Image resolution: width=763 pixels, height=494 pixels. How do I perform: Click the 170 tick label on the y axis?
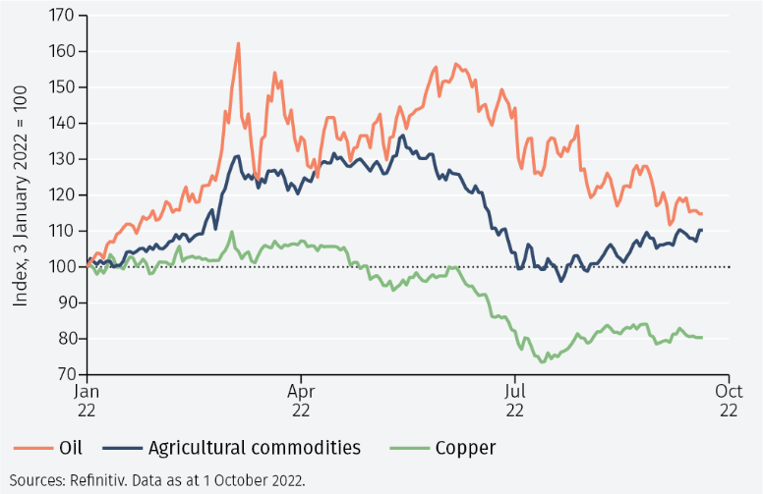pos(61,16)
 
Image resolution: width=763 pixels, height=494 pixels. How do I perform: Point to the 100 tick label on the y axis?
pos(61,267)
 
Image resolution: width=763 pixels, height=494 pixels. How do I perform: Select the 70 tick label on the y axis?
pos(64,374)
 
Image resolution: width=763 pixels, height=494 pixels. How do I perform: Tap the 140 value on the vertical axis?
pos(61,124)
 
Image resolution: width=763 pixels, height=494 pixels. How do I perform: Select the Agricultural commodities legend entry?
pos(255,449)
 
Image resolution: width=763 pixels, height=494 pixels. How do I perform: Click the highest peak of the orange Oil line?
pos(238,43)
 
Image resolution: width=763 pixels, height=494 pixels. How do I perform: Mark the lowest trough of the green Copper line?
pos(543,361)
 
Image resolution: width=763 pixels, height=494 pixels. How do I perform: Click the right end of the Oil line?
pos(702,213)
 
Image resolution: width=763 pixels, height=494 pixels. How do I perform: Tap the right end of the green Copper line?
pos(702,338)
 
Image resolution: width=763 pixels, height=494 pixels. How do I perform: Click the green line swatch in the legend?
pos(409,449)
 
